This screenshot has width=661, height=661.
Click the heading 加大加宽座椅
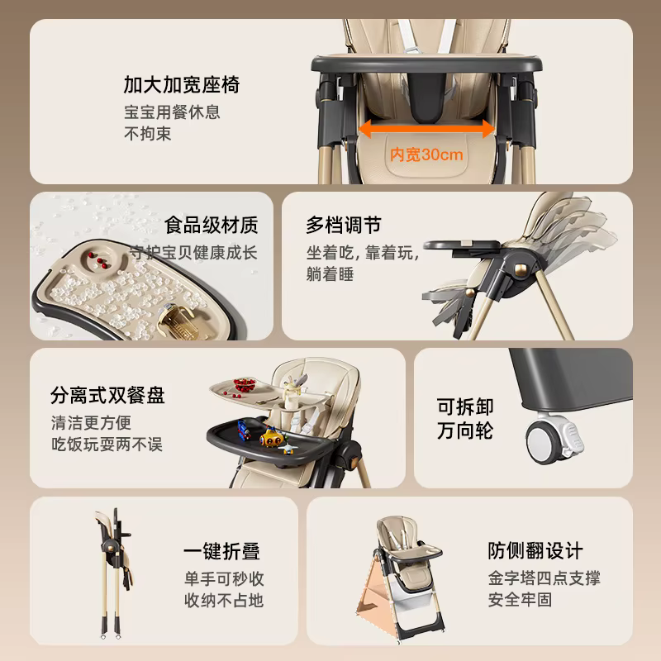182,85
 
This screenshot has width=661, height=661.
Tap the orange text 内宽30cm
426,155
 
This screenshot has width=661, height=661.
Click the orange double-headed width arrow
426,129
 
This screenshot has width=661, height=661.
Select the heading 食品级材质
212,225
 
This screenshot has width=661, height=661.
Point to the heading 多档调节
344,225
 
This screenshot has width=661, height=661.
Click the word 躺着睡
330,274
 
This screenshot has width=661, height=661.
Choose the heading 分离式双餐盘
107,395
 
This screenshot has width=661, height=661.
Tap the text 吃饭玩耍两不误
107,445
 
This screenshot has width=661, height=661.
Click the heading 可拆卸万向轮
465,419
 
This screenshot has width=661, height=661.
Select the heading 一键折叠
221,551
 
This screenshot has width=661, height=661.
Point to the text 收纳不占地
224,601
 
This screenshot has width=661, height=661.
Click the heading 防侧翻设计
535,550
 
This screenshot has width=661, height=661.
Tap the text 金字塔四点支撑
544,578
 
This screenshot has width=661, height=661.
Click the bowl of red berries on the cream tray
245,385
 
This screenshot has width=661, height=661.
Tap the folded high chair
114,573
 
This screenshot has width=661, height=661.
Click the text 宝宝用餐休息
172,112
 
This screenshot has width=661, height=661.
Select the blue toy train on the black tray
244,430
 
